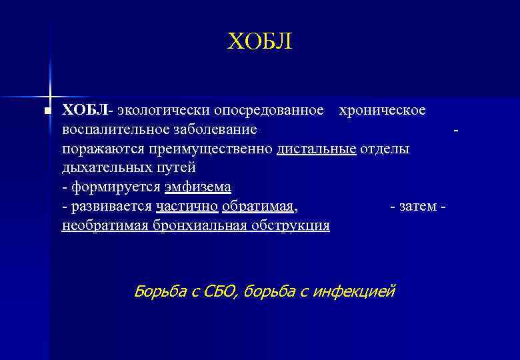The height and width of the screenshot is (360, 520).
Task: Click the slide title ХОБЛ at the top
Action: pos(259,42)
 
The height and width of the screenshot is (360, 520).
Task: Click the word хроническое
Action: pos(382,109)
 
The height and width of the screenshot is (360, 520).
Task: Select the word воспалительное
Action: pos(111,129)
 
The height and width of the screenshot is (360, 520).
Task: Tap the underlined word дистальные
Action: pos(317,148)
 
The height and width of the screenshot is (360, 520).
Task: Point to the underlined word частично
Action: pos(186,206)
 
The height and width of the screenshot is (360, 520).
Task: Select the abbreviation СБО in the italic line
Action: pos(217,291)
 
